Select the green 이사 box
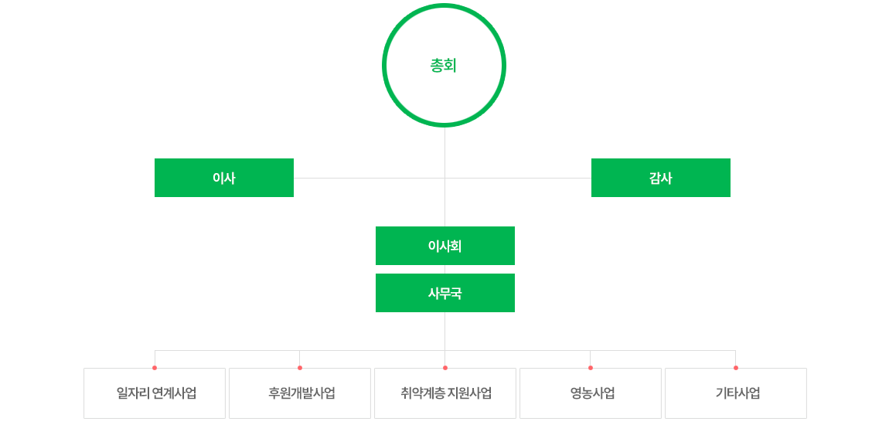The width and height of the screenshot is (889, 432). (224, 178)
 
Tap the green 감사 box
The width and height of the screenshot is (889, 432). (661, 178)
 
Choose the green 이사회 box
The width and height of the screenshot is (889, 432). (445, 246)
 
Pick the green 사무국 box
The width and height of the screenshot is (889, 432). (445, 293)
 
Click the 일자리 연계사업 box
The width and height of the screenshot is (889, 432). (155, 393)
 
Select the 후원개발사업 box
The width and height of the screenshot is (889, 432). (300, 393)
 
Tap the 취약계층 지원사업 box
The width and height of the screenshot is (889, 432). (445, 393)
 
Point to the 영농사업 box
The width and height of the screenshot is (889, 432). (591, 393)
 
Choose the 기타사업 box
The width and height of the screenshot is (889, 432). (736, 393)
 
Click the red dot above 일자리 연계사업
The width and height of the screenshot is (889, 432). (155, 368)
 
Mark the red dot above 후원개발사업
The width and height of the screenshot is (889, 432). (300, 368)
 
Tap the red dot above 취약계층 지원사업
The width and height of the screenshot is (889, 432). (445, 368)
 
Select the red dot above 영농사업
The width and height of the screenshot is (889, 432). (591, 368)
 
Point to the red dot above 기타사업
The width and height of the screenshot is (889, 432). (736, 368)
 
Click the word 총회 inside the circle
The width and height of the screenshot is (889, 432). (444, 66)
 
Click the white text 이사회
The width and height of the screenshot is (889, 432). (445, 247)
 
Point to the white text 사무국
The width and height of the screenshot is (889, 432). (445, 294)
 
